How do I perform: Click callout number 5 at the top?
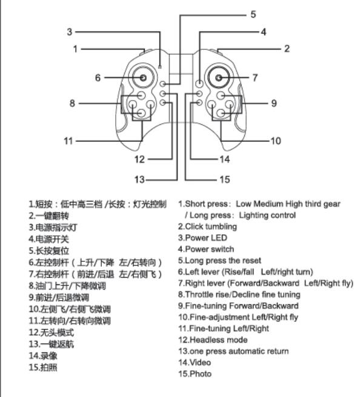253,14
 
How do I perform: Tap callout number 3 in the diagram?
70,32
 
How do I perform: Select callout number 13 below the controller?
139,179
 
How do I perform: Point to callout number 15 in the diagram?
225,179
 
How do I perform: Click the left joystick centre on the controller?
143,78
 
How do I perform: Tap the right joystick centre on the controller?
219,78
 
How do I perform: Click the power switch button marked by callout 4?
199,84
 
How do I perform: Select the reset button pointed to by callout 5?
163,84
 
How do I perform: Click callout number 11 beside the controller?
68,141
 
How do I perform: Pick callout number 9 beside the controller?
274,103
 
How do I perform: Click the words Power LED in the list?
206,238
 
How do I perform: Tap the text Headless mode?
218,340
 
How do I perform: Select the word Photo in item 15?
201,374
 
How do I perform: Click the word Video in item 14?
200,362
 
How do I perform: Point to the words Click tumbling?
211,227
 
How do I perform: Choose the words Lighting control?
267,215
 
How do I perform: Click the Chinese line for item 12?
52,332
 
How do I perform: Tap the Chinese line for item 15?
43,367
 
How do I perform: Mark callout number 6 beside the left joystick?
98,78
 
